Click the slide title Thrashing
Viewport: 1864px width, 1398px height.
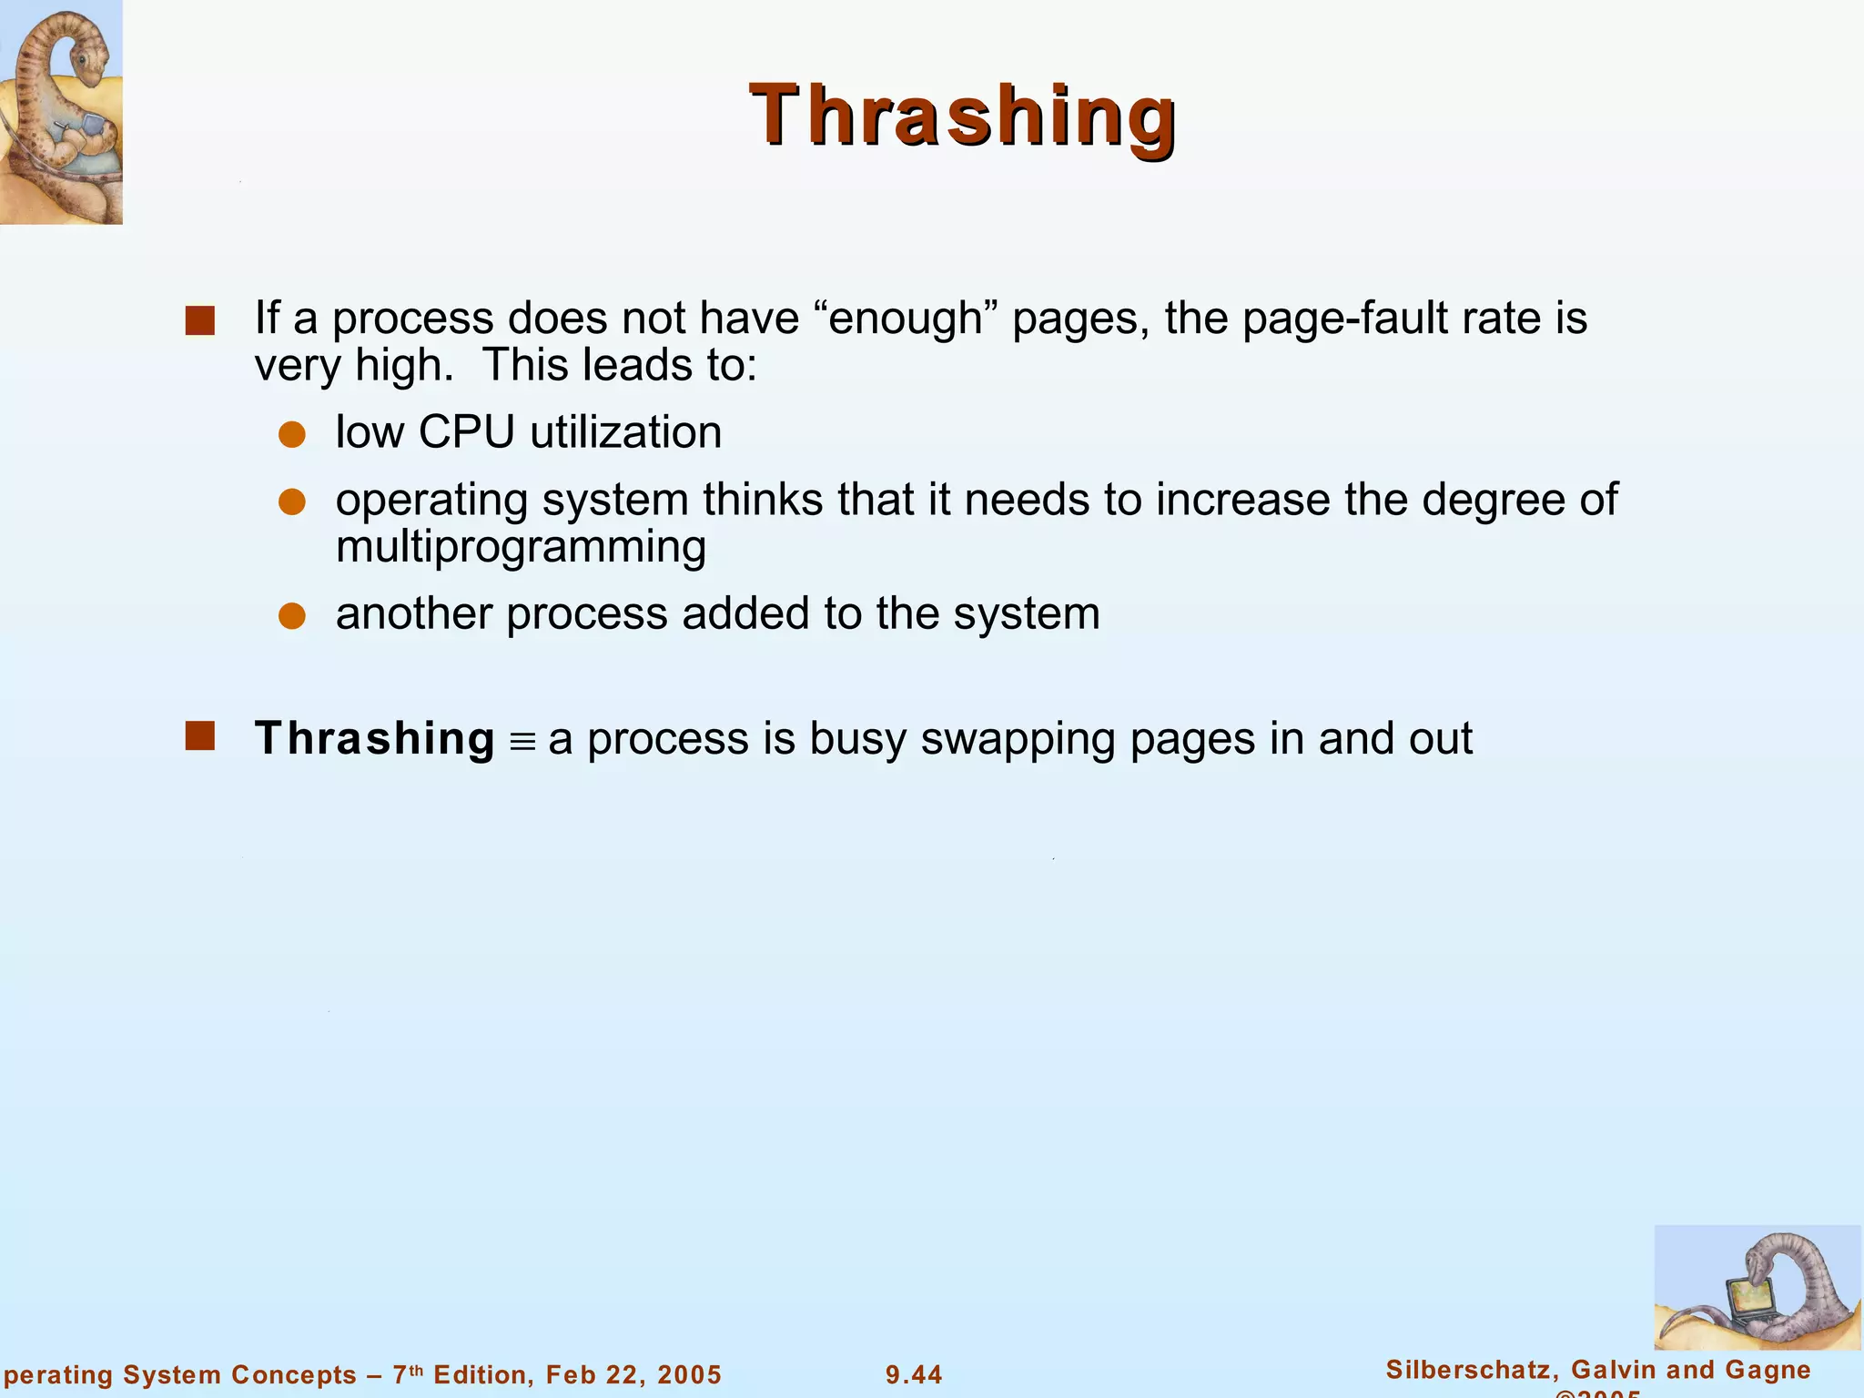point(962,116)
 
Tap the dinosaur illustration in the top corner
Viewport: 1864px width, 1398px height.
point(60,111)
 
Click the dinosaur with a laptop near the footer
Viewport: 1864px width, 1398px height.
point(1757,1289)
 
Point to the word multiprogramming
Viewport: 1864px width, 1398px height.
point(521,547)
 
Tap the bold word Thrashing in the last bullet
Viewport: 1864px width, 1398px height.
point(374,738)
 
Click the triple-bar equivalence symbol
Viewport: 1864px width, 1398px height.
point(522,742)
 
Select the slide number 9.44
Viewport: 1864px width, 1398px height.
point(914,1374)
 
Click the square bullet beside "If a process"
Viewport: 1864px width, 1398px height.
point(200,321)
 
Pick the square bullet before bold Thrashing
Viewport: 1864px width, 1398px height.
point(200,736)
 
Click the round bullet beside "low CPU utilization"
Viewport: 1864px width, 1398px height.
point(292,435)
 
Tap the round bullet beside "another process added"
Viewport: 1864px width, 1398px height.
point(292,616)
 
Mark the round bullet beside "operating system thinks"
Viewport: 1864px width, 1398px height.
point(292,502)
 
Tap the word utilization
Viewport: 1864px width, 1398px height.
point(625,432)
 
